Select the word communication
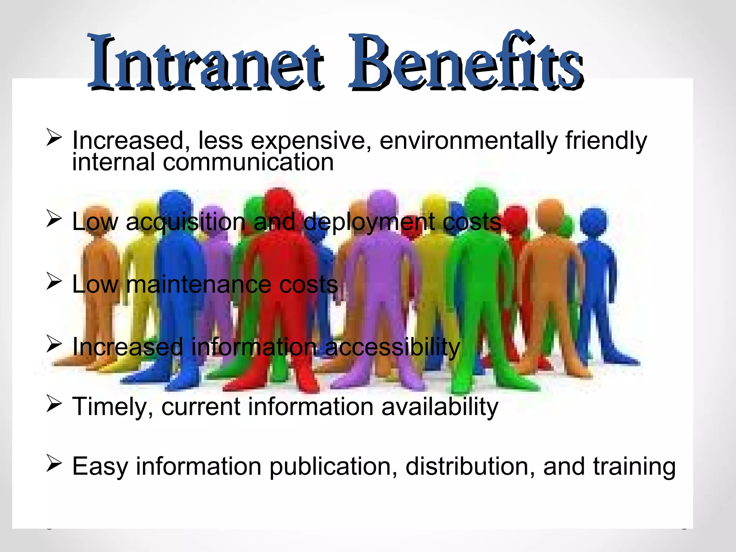tap(248, 162)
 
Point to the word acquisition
tap(185, 222)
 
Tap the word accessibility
tap(392, 347)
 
